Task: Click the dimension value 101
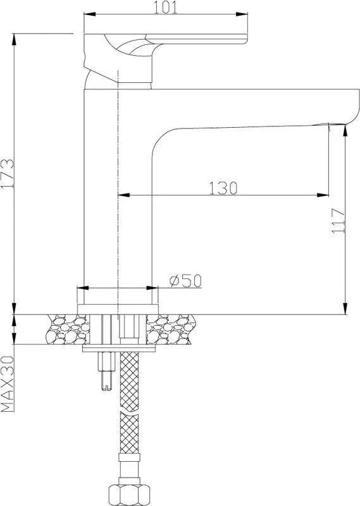165,8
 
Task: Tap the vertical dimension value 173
8,173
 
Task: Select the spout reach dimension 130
223,188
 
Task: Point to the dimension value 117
338,221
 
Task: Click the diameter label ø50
185,281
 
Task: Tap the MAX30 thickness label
8,384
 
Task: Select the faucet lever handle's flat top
196,39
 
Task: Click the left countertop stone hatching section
68,329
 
